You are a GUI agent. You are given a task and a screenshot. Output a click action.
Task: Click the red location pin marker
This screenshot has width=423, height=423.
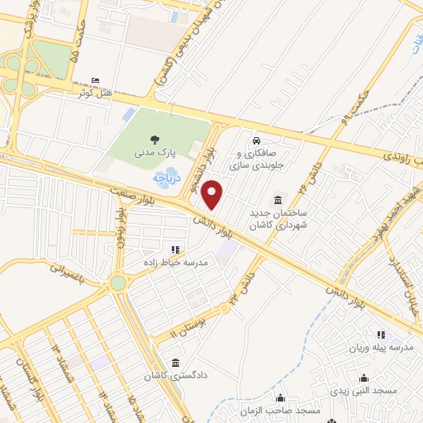(213, 195)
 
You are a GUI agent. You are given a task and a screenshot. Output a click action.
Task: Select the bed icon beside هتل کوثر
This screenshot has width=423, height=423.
(96, 81)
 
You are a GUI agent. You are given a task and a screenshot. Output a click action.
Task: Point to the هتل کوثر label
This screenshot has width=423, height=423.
(94, 93)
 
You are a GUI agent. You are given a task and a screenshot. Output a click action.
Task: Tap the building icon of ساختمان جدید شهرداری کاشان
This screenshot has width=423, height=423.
(276, 200)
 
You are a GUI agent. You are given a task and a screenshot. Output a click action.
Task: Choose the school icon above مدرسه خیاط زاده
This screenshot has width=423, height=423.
(174, 249)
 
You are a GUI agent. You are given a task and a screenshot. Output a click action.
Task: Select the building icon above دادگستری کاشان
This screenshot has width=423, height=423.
(175, 363)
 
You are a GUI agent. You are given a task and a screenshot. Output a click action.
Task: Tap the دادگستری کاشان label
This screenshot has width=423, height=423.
(174, 376)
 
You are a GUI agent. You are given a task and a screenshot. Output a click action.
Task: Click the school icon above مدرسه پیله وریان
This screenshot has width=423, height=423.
(380, 335)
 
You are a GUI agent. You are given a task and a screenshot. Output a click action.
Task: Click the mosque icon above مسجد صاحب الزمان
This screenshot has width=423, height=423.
(280, 398)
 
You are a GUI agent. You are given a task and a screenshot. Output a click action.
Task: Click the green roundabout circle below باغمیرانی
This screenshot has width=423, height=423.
(118, 283)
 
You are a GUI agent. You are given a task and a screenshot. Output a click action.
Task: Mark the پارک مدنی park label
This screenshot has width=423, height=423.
(154, 154)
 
